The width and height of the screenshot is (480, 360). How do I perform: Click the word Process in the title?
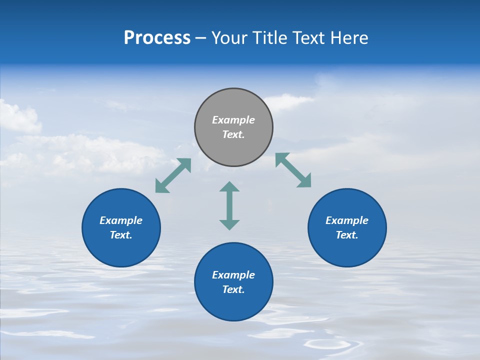pos(157,38)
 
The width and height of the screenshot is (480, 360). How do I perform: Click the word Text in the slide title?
pos(310,38)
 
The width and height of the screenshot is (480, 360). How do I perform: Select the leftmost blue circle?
pos(121,227)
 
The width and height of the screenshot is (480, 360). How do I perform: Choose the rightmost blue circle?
pos(347,227)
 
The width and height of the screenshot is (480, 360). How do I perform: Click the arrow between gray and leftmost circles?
pos(173,175)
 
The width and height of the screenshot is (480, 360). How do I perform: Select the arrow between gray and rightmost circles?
pos(293,170)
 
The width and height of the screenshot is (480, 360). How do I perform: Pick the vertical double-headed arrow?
pos(229,205)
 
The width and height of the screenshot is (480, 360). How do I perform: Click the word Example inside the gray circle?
pos(233,120)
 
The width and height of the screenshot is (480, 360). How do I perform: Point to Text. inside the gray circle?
pos(233,134)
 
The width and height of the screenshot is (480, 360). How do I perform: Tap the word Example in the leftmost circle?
pos(121,220)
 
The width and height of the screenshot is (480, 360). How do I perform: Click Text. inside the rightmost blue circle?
pos(347,235)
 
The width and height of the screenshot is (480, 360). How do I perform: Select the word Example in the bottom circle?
pos(233,275)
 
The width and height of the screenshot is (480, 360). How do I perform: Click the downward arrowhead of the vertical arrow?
pos(229,225)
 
